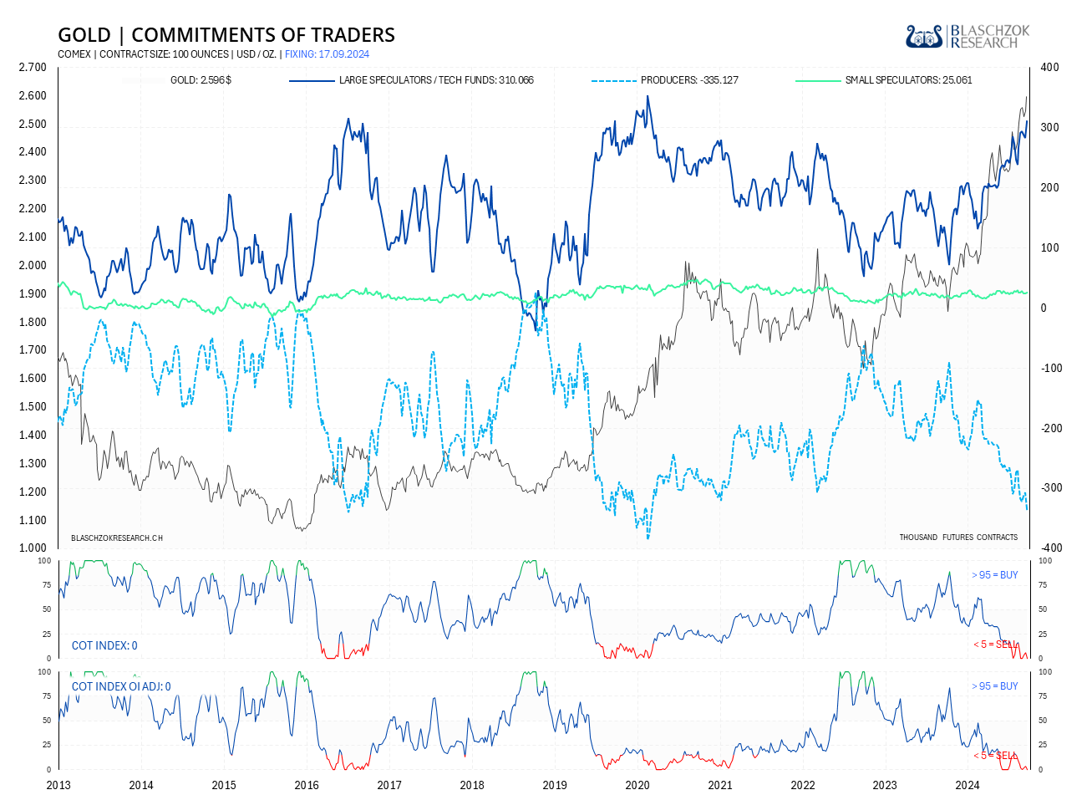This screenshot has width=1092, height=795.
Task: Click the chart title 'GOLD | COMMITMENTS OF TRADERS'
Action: tap(226, 35)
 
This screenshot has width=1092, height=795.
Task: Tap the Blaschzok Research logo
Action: tap(968, 36)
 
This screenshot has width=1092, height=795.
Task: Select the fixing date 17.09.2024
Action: tap(327, 54)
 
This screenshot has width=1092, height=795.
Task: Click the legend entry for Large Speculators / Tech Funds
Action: tap(411, 80)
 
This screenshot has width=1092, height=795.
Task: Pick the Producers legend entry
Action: tap(665, 80)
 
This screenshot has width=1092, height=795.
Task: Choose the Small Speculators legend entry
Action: tap(883, 80)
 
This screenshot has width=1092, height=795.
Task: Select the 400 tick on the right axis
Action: tap(1049, 68)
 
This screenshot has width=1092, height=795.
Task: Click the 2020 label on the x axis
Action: tap(637, 785)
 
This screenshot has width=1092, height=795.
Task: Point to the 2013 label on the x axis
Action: tap(58, 785)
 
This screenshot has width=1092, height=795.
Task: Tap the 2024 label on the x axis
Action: tap(968, 785)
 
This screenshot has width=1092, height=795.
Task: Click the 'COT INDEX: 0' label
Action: tap(104, 645)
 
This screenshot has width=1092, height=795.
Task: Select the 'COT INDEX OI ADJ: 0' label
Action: tap(121, 686)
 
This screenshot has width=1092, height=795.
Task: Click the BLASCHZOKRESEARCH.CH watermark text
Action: tap(117, 538)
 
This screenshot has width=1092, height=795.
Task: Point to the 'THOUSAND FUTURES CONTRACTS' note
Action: tap(958, 538)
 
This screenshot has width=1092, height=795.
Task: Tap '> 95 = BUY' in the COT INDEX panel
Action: tap(995, 575)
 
